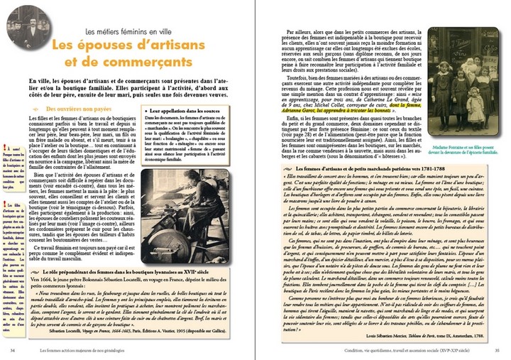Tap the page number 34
tap(13, 349)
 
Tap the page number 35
tap(498, 349)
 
